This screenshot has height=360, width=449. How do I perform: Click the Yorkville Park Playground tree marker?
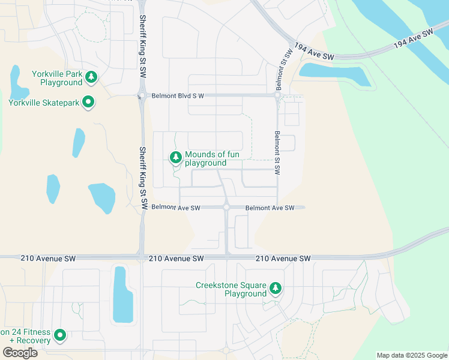click(91, 76)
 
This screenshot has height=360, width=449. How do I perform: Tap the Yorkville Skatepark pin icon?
click(88, 103)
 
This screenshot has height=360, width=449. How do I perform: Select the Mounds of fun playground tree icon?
click(175, 158)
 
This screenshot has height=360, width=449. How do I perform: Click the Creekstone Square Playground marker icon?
click(276, 289)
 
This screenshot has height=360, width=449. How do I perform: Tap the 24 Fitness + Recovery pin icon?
click(59, 335)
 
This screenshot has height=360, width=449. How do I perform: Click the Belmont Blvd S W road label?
click(178, 95)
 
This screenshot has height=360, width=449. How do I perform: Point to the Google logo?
click(20, 352)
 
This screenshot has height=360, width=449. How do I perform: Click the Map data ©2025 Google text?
click(412, 355)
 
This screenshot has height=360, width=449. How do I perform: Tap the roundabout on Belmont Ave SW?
click(226, 208)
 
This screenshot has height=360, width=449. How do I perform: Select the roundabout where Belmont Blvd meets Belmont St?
click(277, 95)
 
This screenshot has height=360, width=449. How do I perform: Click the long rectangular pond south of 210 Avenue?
click(122, 294)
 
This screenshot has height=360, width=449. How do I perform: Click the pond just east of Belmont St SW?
click(333, 75)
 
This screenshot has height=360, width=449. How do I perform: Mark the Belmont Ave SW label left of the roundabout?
click(175, 208)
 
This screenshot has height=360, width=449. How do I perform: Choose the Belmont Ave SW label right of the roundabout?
click(270, 208)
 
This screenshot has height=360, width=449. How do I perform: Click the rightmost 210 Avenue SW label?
click(283, 258)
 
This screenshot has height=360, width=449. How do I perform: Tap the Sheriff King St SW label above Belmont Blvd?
click(143, 45)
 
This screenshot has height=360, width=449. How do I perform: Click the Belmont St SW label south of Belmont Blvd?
click(277, 152)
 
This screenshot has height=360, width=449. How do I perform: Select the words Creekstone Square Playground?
click(231, 289)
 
